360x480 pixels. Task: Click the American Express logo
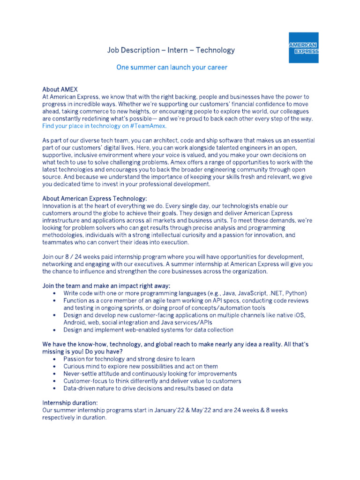(303, 47)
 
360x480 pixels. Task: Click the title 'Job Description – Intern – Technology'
(171, 50)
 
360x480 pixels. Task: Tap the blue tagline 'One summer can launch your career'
(172, 67)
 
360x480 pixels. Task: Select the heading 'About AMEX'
(60, 89)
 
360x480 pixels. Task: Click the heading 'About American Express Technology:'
(95, 198)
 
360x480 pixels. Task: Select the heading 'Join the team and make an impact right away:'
(106, 285)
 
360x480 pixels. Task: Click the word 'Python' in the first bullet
(296, 293)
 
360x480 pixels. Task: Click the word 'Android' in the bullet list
(75, 322)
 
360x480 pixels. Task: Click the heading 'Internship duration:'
(70, 403)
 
